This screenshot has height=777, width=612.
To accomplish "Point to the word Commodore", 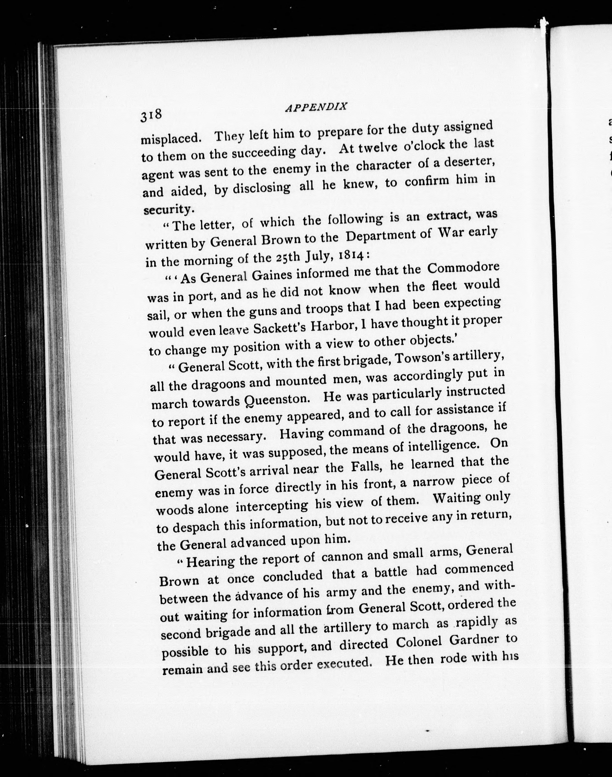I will [x=464, y=269].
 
